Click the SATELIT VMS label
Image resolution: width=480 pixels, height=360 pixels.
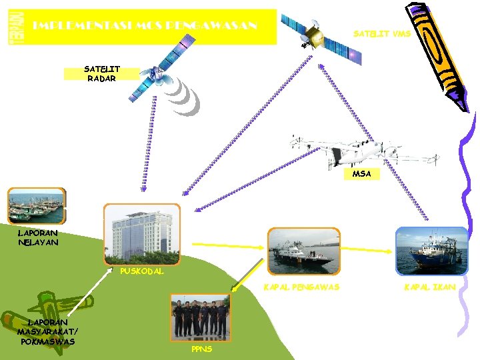click(382, 33)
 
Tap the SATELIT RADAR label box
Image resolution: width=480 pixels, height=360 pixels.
click(101, 73)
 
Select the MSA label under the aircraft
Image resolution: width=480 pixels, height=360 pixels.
click(362, 174)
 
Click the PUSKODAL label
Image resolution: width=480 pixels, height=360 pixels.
click(141, 271)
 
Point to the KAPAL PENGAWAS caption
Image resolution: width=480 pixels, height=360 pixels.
click(301, 287)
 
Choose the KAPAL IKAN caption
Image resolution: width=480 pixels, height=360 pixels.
click(430, 287)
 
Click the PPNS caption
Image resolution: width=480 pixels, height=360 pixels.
click(201, 349)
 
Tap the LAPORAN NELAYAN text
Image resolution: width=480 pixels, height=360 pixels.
click(38, 238)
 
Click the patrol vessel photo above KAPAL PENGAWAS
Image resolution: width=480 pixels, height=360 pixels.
click(304, 251)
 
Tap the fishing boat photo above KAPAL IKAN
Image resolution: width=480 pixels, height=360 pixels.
click(432, 251)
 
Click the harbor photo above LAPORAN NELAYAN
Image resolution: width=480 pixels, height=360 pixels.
click(37, 205)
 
